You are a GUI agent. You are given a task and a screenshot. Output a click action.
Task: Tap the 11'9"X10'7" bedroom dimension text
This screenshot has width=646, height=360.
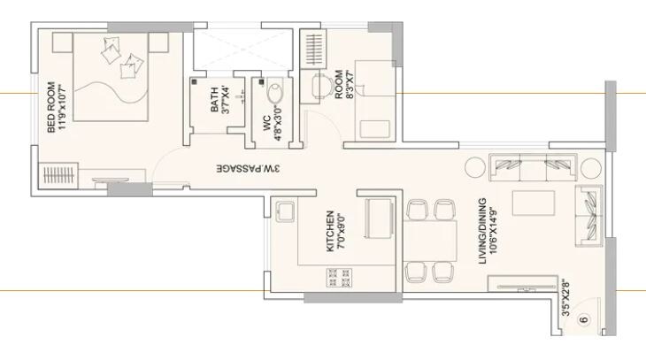[63, 107]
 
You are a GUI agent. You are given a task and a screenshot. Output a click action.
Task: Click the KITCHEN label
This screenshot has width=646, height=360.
[329, 231]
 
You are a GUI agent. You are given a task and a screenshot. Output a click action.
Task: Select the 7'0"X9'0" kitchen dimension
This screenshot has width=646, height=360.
[342, 231]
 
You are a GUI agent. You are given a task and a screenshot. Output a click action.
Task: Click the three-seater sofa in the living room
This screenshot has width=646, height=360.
[534, 165]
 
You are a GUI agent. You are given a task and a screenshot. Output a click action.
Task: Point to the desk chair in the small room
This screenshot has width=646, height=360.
[320, 85]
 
